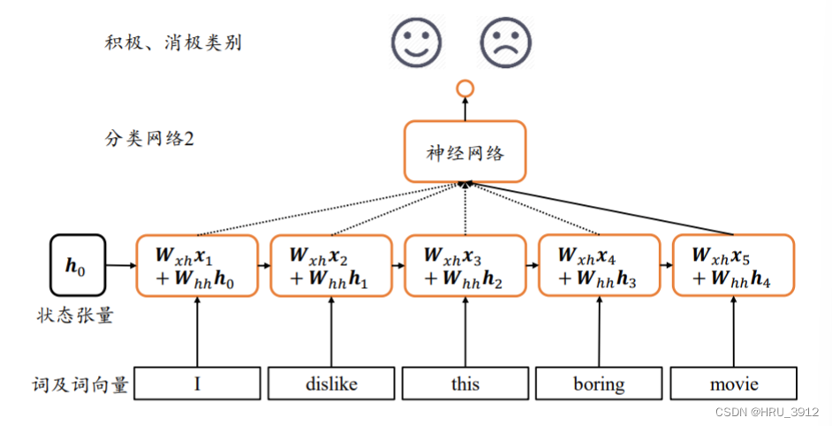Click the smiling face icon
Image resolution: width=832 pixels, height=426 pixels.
tap(417, 42)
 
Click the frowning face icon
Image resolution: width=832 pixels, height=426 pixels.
tap(506, 42)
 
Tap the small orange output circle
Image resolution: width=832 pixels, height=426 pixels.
tap(465, 88)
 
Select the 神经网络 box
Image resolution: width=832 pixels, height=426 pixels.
tap(465, 152)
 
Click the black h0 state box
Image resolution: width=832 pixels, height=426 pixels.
tap(77, 264)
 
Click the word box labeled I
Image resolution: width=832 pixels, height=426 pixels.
tap(197, 384)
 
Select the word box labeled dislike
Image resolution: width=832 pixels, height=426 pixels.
tap(331, 384)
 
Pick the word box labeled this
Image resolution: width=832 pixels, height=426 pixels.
tap(465, 384)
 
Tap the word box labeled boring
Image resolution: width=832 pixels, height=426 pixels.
tap(600, 384)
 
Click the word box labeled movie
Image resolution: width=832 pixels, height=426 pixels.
tap(734, 384)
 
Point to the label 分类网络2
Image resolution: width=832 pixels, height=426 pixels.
tap(147, 139)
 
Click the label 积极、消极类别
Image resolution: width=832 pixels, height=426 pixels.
tap(172, 42)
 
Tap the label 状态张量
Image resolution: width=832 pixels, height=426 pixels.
tap(75, 316)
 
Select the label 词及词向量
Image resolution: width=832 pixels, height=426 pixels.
tap(79, 384)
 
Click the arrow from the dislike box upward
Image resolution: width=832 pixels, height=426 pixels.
tap(331, 331)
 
